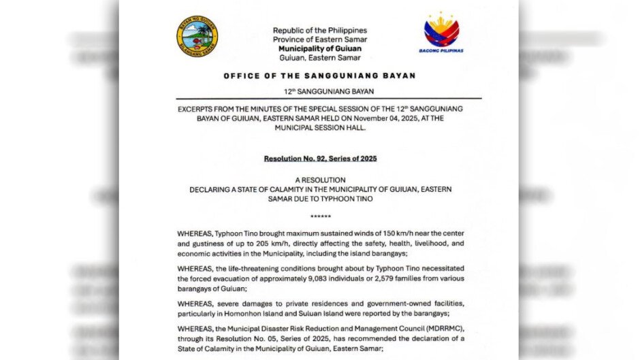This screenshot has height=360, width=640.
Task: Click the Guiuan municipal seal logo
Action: (x=197, y=37)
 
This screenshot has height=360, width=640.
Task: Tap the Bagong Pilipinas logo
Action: (x=441, y=33)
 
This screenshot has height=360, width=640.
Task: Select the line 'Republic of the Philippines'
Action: (x=319, y=31)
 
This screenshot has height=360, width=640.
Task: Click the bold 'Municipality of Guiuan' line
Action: (x=319, y=49)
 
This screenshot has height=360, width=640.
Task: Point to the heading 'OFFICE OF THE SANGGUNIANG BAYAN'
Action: (x=319, y=76)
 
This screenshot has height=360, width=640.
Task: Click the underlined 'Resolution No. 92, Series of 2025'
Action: (x=320, y=159)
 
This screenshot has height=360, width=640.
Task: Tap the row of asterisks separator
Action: (x=320, y=217)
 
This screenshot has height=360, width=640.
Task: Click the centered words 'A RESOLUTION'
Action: (x=320, y=180)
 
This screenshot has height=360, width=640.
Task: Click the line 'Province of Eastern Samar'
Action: (x=319, y=40)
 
